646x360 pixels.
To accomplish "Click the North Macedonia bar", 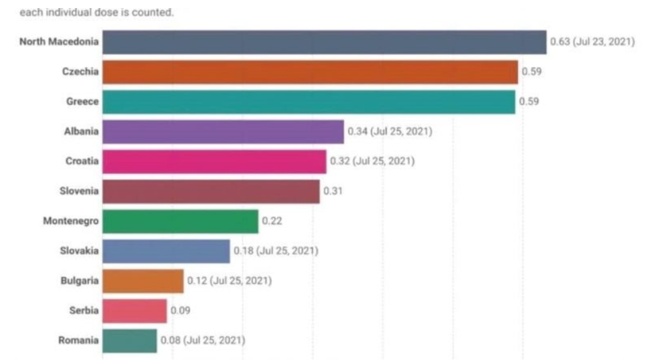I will pos(324,41).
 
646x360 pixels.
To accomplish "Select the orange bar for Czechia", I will pos(310,72).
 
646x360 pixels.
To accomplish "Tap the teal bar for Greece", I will pos(309,102).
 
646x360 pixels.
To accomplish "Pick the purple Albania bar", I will pos(223,132).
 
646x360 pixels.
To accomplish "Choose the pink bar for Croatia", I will pos(214,161).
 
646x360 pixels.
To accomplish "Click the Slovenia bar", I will pos(211,191).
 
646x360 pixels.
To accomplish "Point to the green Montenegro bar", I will pos(180,221).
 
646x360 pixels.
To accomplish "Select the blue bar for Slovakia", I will pos(166,251).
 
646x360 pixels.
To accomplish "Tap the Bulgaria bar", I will pos(143,281).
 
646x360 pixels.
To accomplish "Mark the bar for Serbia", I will pos(135,310).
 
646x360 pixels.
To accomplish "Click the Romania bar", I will pos(129,341).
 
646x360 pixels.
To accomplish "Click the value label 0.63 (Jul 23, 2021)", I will pos(592,41).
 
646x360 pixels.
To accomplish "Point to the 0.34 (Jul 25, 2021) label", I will pos(390,132).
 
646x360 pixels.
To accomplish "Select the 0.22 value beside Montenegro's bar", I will pos(270,221).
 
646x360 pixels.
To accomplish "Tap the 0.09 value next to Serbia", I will pos(179,310).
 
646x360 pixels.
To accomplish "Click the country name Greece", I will pos(82,102).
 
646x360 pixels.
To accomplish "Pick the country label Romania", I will pos(78,341).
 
